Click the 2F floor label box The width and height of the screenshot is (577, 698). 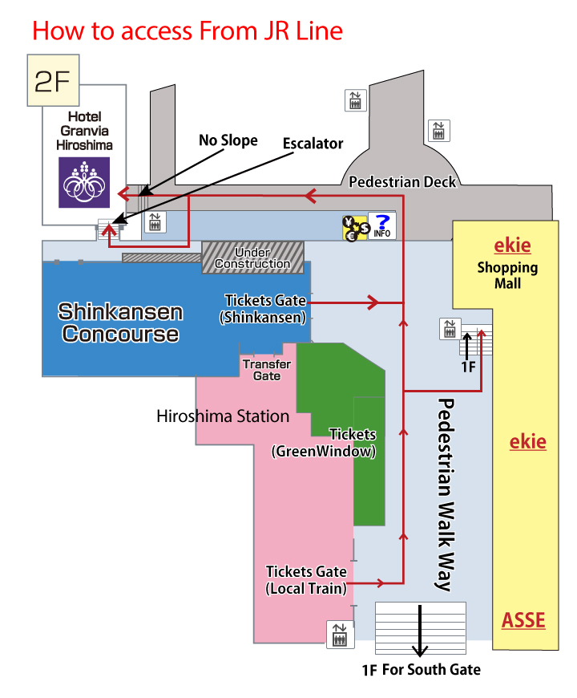[x=54, y=80]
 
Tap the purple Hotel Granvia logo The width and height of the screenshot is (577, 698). [x=84, y=182]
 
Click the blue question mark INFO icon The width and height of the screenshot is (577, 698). [x=382, y=227]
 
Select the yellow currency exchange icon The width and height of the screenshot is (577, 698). [x=353, y=228]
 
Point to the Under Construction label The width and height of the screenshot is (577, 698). [x=252, y=258]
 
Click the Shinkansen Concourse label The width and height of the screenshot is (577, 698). [x=120, y=323]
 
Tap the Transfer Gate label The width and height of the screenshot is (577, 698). [x=267, y=370]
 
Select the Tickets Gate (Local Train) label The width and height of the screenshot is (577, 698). [x=306, y=580]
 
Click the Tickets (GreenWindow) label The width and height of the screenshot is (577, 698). [x=325, y=443]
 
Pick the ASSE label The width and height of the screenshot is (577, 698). [x=523, y=620]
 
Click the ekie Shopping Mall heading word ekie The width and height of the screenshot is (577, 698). [x=512, y=246]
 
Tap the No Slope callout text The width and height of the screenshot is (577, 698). [x=228, y=140]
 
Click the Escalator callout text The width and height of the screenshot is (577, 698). [x=313, y=144]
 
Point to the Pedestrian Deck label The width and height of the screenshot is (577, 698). [x=402, y=182]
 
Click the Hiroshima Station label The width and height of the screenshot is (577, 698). [x=223, y=416]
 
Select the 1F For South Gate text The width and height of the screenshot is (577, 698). [x=422, y=669]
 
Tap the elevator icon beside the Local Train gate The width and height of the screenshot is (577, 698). [x=338, y=634]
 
